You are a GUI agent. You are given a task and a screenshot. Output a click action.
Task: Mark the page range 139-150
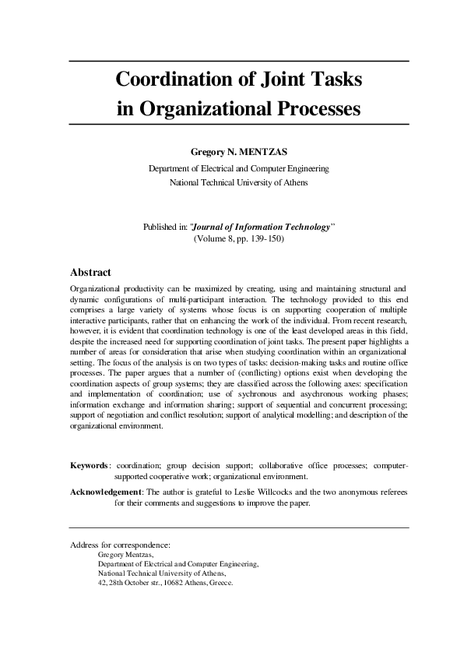(265, 239)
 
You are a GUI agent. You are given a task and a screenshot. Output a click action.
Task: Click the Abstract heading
(90, 273)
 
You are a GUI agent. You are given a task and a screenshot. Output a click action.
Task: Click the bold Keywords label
(89, 465)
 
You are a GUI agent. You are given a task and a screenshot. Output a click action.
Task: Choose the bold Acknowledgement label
(106, 492)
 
